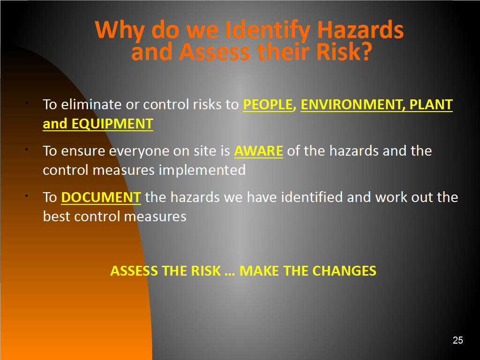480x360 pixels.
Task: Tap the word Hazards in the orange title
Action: (x=360, y=30)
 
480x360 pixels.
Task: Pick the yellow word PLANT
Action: (x=431, y=105)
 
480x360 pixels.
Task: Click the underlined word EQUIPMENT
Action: (x=112, y=124)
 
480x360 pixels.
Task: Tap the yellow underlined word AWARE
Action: (x=258, y=151)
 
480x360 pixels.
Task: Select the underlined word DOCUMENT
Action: (x=101, y=197)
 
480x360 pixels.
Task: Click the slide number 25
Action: (x=457, y=340)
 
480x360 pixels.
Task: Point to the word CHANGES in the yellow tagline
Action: (x=344, y=271)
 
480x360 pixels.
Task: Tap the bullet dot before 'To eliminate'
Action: (x=27, y=103)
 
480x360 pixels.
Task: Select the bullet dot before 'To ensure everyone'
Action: (x=27, y=150)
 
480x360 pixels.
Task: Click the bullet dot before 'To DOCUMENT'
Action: (x=27, y=195)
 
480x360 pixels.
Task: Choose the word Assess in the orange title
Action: (x=215, y=52)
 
